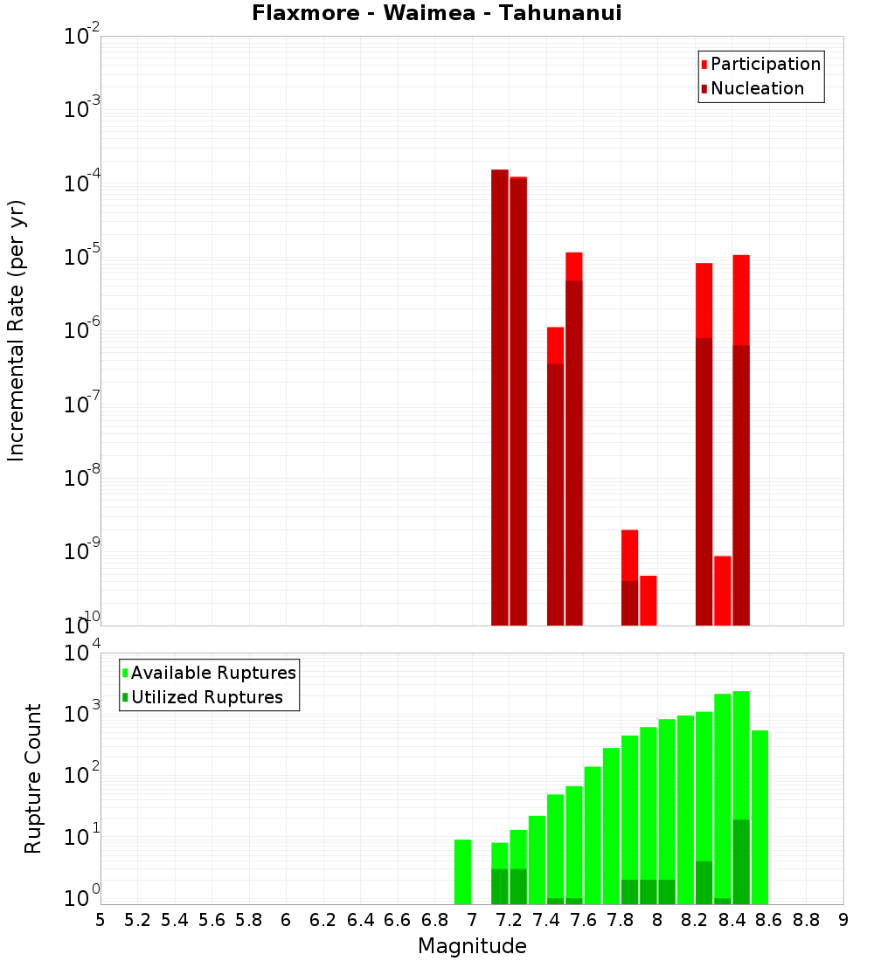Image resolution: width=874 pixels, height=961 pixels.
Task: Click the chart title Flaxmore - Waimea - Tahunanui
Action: click(437, 13)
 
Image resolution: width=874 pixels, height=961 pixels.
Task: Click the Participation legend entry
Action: click(765, 64)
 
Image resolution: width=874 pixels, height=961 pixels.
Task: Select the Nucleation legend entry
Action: click(756, 88)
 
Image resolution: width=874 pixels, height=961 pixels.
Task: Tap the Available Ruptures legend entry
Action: click(212, 673)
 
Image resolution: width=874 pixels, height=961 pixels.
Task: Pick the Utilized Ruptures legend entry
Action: click(206, 697)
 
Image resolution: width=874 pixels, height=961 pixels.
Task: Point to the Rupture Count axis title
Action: click(33, 778)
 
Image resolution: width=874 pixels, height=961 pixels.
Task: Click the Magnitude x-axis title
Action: click(472, 946)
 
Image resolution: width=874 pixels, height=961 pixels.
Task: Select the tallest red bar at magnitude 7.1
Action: click(500, 393)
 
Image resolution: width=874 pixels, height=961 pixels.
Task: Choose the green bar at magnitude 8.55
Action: click(760, 817)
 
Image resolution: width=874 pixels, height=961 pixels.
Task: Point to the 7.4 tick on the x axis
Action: click(546, 920)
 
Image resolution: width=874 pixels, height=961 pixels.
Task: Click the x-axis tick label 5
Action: click(101, 920)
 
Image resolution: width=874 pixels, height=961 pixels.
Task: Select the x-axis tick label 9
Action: click(843, 920)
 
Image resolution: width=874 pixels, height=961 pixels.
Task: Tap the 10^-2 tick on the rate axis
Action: click(82, 37)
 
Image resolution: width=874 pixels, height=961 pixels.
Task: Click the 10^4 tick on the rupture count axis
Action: click(82, 653)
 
